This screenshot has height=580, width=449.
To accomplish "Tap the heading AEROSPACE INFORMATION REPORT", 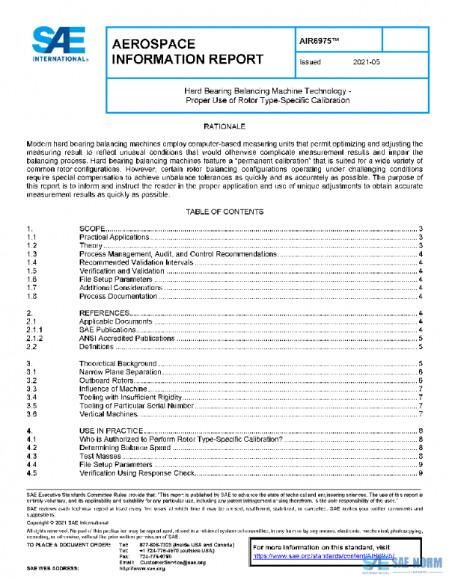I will point(186,52).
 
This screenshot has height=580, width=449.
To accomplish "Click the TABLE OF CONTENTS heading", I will point(224,212).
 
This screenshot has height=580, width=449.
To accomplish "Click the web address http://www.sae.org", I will point(141,569).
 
